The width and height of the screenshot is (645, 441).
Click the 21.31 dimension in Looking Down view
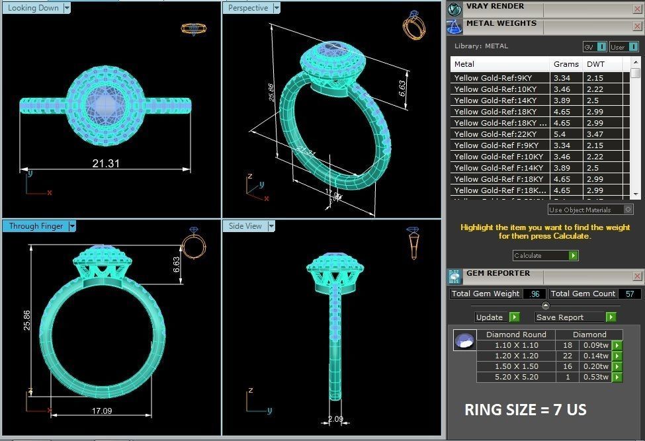(x=106, y=163)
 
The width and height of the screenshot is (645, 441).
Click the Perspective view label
(x=248, y=8)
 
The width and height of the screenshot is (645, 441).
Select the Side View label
(x=245, y=226)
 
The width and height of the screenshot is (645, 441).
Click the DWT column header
(x=595, y=64)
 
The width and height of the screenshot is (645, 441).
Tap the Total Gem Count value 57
(x=629, y=294)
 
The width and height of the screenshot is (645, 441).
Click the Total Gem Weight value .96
(x=535, y=294)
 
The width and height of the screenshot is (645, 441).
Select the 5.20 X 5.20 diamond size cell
(x=517, y=377)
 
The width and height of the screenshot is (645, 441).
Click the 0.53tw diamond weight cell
(x=593, y=377)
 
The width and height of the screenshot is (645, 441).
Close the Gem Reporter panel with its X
(x=637, y=276)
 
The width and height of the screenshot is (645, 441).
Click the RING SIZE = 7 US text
(x=525, y=410)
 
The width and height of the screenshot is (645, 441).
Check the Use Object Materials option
(x=628, y=210)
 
